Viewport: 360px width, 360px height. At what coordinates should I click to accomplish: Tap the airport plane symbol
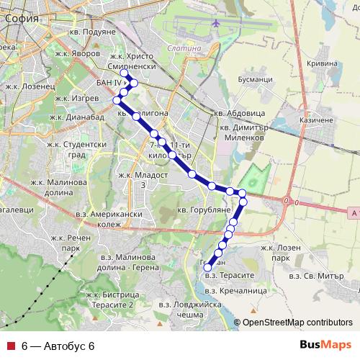tap(216, 23)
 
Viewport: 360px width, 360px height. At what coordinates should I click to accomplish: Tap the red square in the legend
tap(9, 346)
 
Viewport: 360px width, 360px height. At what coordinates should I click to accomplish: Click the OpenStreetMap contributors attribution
tap(297, 323)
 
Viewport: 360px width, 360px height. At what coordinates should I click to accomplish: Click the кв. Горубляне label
tap(203, 209)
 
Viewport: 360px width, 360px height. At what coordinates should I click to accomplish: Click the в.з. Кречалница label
tap(235, 290)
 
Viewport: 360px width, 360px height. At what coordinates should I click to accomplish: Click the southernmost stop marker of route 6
tap(208, 269)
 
